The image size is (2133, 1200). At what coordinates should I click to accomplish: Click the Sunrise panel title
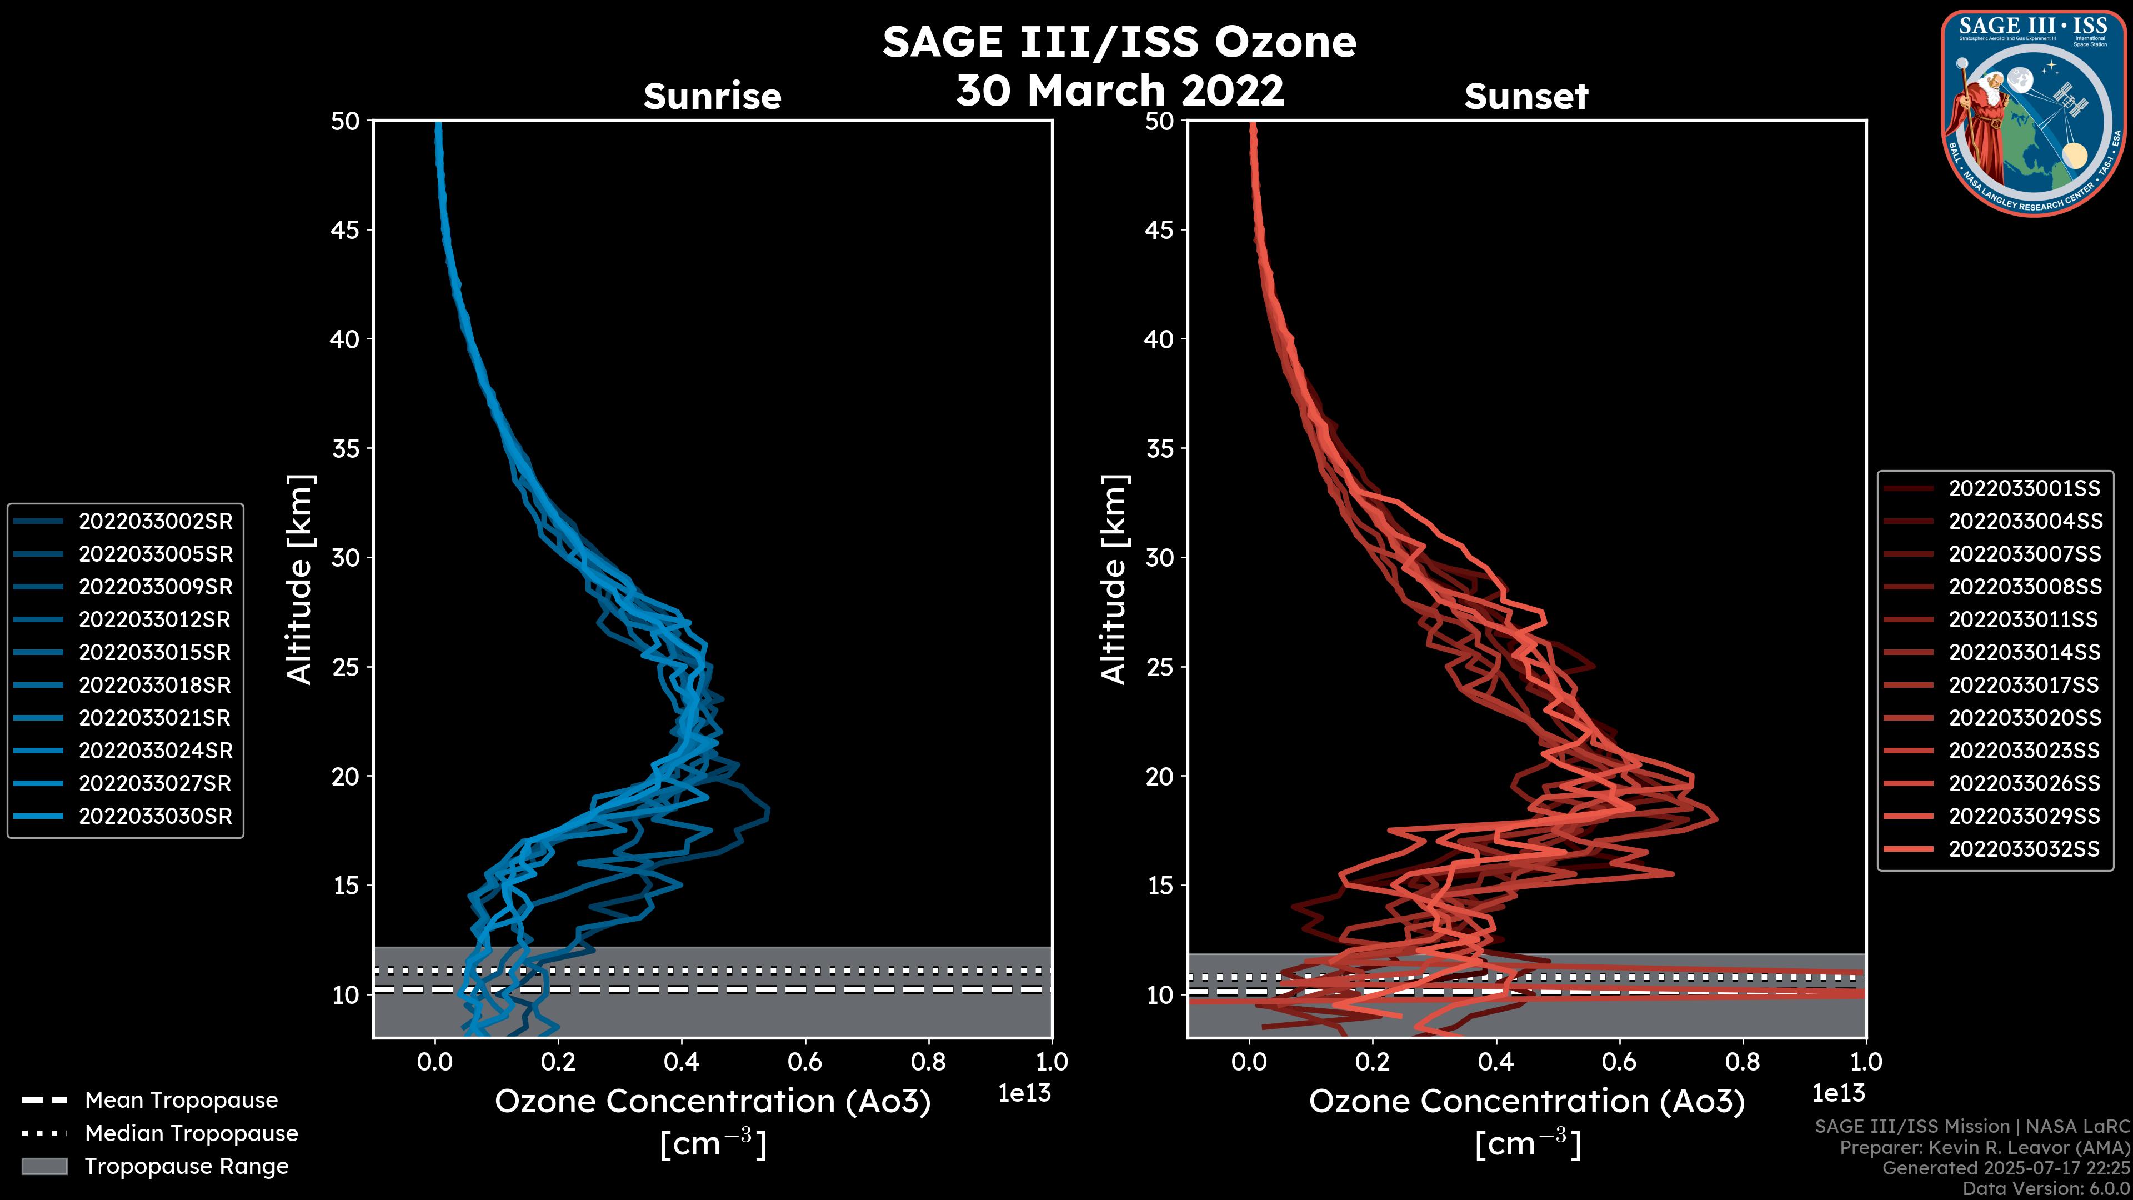pos(712,96)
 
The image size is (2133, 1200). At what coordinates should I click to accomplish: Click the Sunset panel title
pos(1526,96)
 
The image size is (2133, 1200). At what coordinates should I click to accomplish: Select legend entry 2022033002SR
pos(155,521)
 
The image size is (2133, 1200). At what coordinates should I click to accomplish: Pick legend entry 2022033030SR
pos(155,816)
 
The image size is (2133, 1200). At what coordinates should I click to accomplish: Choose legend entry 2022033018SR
pos(155,685)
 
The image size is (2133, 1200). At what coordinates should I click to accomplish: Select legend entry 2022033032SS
pos(2024,849)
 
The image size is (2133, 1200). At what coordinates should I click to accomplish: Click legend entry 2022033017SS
pos(2024,685)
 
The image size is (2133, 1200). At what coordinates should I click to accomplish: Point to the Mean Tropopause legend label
pos(181,1100)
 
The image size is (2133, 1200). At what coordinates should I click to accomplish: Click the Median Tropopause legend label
pos(191,1133)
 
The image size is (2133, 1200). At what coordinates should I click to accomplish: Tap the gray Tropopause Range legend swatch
pos(44,1166)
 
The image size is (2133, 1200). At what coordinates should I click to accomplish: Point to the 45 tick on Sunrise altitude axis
pos(346,229)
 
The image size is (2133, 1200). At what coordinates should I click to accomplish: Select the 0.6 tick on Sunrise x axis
pos(805,1061)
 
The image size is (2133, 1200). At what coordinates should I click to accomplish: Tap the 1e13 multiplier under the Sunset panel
pos(1838,1093)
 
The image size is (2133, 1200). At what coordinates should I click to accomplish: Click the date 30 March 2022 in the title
pos(1119,89)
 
